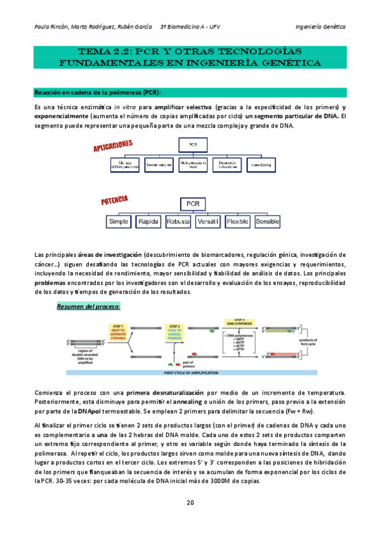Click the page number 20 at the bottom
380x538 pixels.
pyautogui.click(x=190, y=503)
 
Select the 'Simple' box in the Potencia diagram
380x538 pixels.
pyautogui.click(x=119, y=222)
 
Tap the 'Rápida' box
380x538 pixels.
pyautogui.click(x=148, y=222)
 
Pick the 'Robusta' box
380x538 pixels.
pyautogui.click(x=178, y=222)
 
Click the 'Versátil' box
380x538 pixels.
pyautogui.click(x=208, y=222)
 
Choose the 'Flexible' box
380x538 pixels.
pyautogui.click(x=238, y=222)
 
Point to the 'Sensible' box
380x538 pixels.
pyautogui.click(x=267, y=222)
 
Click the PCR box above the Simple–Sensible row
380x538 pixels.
pyautogui.click(x=193, y=204)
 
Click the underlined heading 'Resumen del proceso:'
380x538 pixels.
pyautogui.click(x=88, y=306)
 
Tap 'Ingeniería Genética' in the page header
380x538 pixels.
pyautogui.click(x=320, y=27)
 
